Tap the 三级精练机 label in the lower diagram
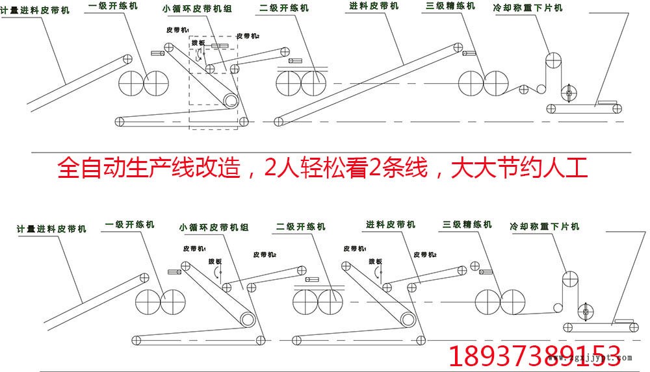click(467, 225)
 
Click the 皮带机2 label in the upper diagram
click(249, 36)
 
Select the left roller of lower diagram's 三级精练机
click(487, 303)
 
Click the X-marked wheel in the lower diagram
click(586, 312)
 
